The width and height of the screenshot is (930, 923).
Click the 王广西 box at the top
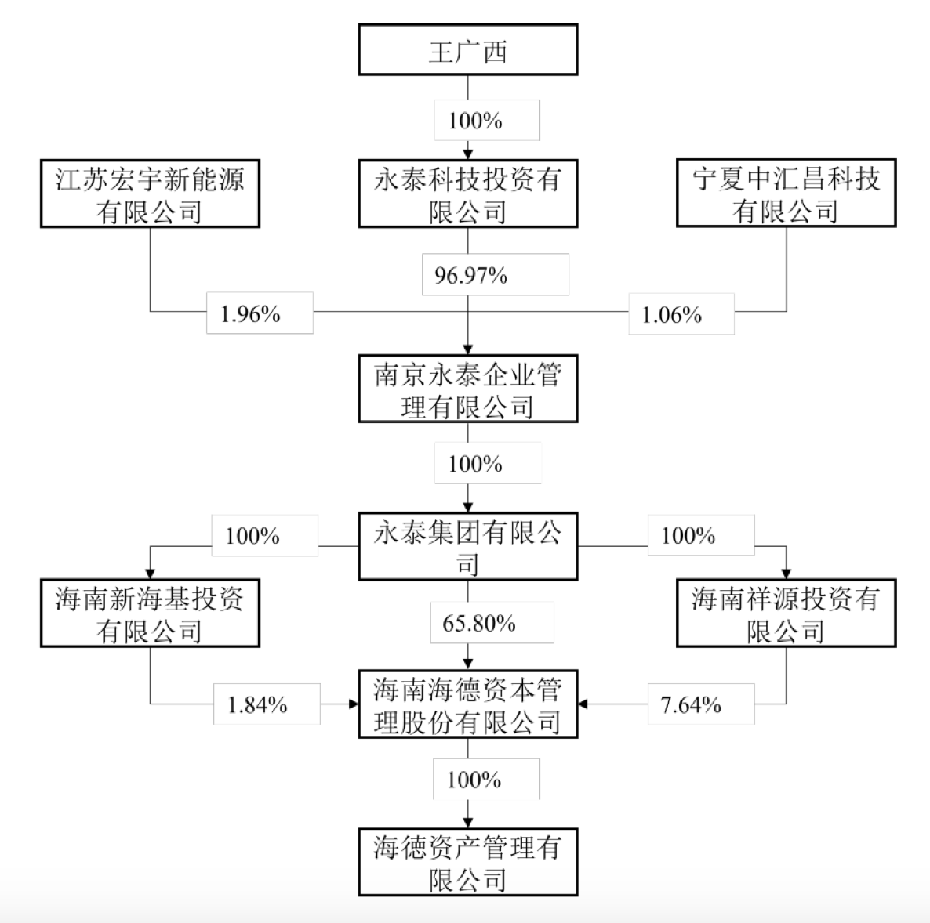(468, 50)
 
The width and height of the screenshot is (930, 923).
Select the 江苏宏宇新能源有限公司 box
(150, 194)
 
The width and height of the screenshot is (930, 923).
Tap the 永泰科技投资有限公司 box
(468, 194)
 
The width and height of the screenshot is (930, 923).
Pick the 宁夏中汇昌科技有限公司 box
(786, 194)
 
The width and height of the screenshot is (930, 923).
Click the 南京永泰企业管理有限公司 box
(468, 389)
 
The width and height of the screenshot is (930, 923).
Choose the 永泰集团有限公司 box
(468, 546)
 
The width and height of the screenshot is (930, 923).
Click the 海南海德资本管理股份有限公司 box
(468, 704)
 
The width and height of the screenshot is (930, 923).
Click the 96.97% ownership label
(471, 275)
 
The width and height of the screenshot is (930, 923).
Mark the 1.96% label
(251, 313)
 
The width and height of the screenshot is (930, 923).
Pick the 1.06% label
(672, 315)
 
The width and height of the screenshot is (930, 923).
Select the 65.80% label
(479, 623)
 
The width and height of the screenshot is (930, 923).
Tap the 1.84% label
(257, 704)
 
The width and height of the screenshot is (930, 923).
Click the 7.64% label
(691, 704)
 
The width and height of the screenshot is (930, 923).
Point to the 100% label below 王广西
(475, 120)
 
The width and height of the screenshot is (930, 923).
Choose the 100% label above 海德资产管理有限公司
(474, 780)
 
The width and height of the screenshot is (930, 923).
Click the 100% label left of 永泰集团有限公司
(252, 536)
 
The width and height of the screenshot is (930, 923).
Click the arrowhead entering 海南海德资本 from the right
(583, 704)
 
